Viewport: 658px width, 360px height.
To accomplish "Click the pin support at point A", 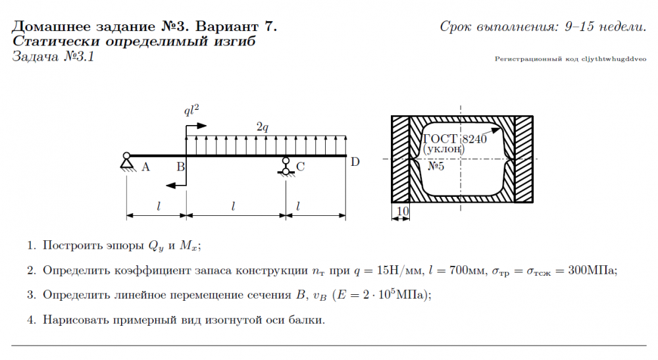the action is (126, 162).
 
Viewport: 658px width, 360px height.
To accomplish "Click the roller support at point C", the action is (286, 166).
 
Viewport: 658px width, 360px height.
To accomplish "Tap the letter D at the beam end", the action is (355, 162).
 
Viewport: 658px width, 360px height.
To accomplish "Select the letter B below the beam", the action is (180, 167).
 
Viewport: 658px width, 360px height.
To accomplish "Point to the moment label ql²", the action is (191, 110).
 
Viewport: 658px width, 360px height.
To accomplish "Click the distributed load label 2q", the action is (262, 126).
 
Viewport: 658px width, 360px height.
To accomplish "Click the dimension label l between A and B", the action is (159, 206).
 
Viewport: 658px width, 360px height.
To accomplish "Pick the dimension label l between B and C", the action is (234, 206).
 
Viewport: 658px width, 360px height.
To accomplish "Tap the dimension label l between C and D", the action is (298, 206).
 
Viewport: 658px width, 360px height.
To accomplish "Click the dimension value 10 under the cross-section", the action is (403, 211).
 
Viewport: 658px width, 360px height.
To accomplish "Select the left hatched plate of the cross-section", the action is (400, 159).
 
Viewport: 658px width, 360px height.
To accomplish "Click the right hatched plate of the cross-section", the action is (523, 159).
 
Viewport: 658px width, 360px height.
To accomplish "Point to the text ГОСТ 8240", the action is (454, 139).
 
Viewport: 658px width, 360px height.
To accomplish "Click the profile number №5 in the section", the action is (436, 167).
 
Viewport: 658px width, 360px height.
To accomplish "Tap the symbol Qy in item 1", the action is (155, 247).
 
